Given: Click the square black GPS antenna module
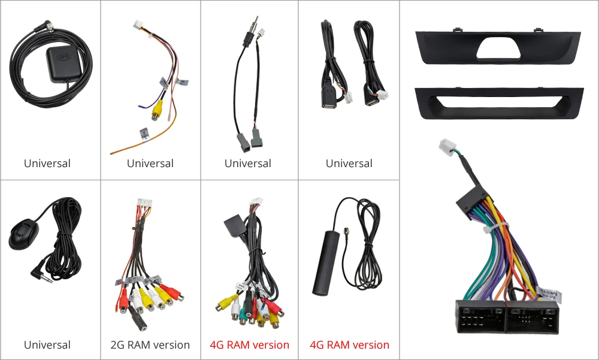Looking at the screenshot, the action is [63, 62].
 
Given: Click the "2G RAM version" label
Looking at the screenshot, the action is [150, 345].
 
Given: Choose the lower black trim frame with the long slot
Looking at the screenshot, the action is [497, 102].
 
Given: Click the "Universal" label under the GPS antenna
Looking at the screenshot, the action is [47, 164].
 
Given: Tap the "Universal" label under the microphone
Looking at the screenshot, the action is [47, 345].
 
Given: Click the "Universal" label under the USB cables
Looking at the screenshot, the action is [349, 164].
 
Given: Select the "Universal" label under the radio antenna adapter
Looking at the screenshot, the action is [248, 164].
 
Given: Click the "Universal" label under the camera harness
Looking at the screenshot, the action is [150, 164].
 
